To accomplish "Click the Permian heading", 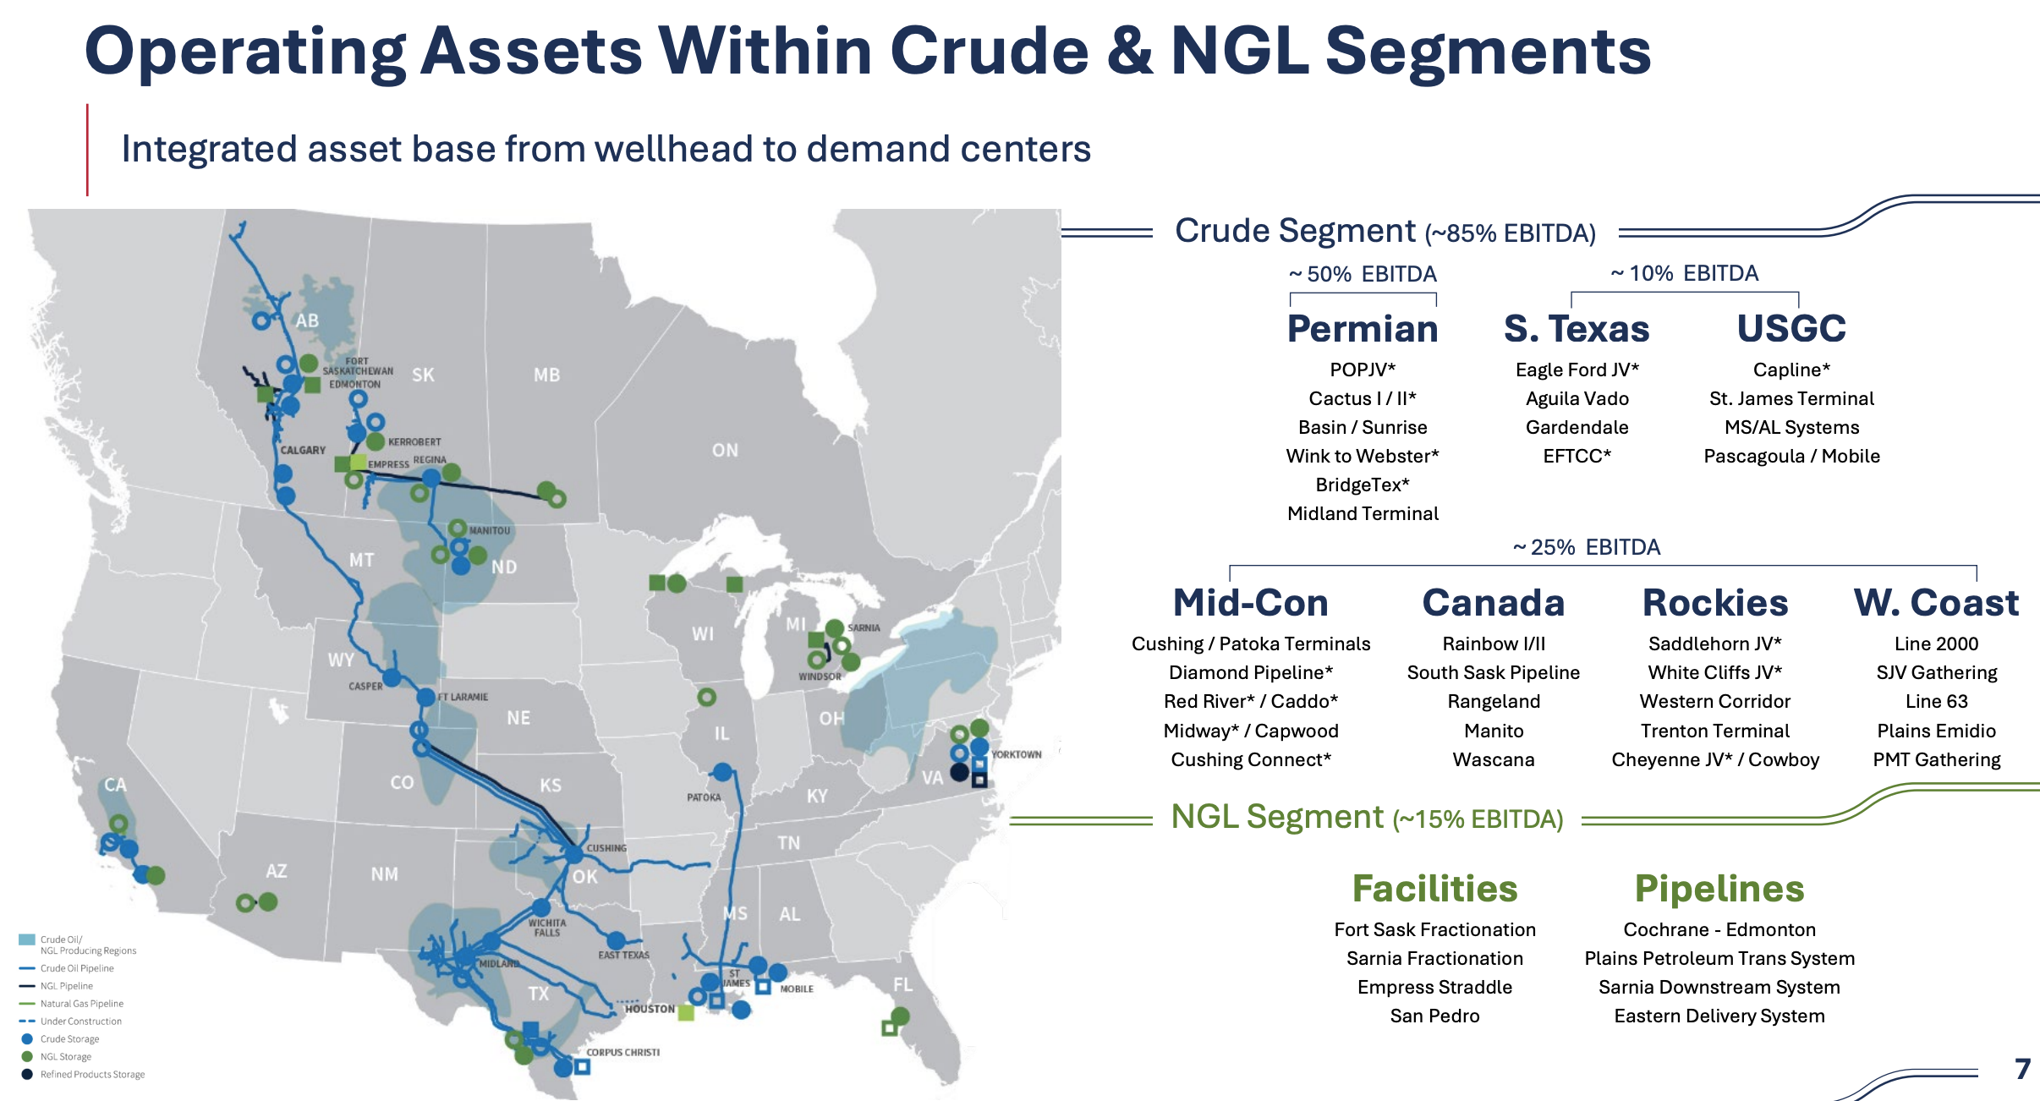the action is [1363, 329].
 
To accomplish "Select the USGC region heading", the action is [1791, 329].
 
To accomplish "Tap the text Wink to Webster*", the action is [1363, 457].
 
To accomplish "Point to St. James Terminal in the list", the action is [1791, 399].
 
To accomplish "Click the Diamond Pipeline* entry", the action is [1251, 673].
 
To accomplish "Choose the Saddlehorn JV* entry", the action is [1715, 644].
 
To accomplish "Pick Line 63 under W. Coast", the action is [1937, 702].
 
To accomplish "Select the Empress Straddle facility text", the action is [1434, 988].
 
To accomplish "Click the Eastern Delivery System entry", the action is [1719, 1016].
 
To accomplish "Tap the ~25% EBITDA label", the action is [1587, 548].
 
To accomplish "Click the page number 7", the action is [2022, 1069].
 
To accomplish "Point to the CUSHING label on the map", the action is [606, 848].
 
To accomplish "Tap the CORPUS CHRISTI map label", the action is [623, 1053].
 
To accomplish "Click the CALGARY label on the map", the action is [303, 451].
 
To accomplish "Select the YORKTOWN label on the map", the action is [1017, 755].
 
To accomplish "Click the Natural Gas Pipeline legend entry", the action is [82, 1004].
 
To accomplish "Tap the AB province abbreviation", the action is [307, 321].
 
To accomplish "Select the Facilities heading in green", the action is [1435, 889].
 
